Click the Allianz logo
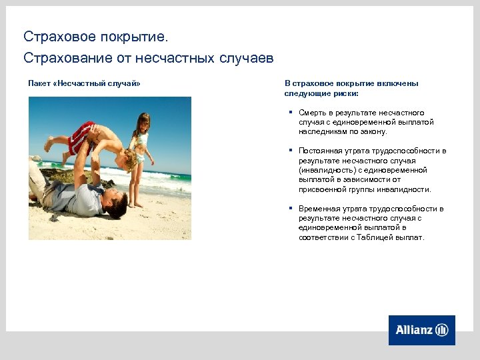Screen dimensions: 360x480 (x=421, y=330)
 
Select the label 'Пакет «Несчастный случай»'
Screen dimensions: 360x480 (x=84, y=83)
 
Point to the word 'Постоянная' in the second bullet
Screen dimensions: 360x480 (x=320, y=151)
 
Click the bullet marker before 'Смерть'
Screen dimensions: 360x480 (x=291, y=113)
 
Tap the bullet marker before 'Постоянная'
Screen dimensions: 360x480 (x=291, y=151)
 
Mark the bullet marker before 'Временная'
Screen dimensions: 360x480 (x=291, y=209)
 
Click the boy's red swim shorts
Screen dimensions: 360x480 (x=81, y=135)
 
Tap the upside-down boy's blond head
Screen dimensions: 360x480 (x=129, y=158)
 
